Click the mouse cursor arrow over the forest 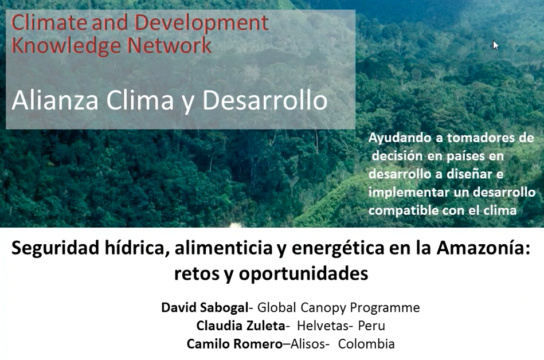pyautogui.click(x=496, y=45)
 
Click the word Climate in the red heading pyautogui.click(x=48, y=22)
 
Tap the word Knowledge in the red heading pyautogui.click(x=66, y=45)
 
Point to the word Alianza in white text pyautogui.click(x=55, y=100)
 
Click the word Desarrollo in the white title pyautogui.click(x=265, y=100)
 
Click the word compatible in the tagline pyautogui.click(x=398, y=210)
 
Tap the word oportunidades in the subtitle pyautogui.click(x=303, y=273)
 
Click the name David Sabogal pyautogui.click(x=205, y=307)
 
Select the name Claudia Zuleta pyautogui.click(x=241, y=326)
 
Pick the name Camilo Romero pyautogui.click(x=234, y=344)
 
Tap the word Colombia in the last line pyautogui.click(x=366, y=344)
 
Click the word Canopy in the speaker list pyautogui.click(x=323, y=308)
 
